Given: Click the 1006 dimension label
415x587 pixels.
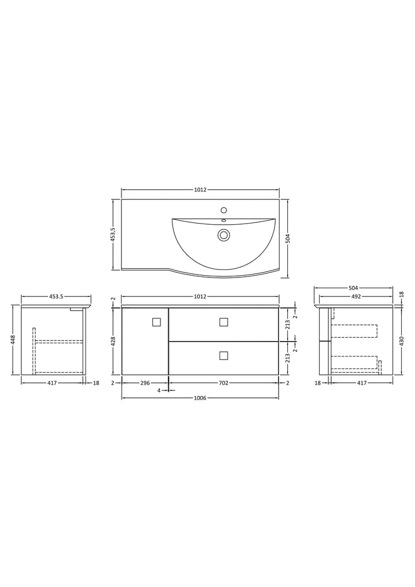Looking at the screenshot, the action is (200, 398).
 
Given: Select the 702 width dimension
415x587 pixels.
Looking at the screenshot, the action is (224, 383).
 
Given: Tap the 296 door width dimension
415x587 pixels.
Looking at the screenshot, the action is (145, 383).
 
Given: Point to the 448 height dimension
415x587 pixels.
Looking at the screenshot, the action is (13, 339).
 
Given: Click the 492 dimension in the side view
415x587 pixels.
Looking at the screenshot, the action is (356, 296).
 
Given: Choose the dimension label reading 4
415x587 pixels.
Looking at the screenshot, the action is (159, 390).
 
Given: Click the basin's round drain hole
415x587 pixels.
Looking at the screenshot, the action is (224, 235).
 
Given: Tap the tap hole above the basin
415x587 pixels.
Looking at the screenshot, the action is (224, 209).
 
